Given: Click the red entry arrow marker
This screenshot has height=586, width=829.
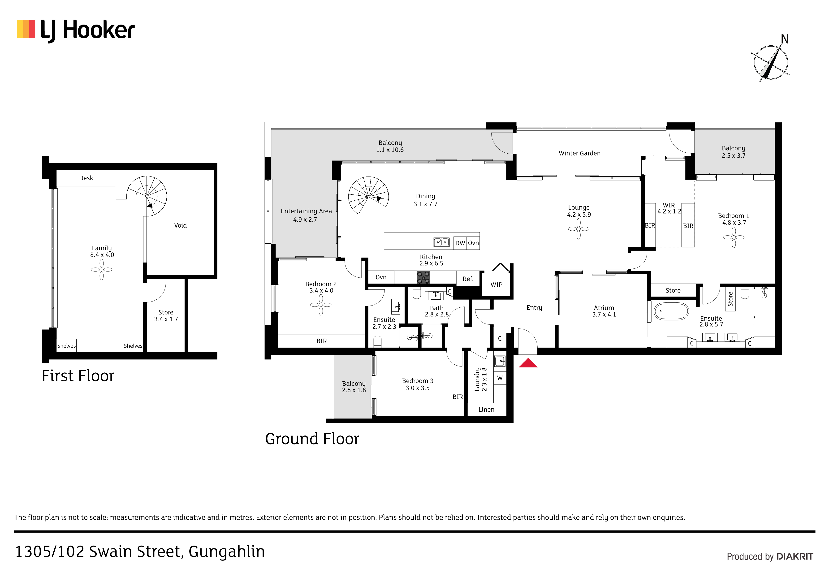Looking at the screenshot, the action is [528, 363].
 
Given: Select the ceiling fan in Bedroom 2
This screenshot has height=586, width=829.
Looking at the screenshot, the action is [321, 305].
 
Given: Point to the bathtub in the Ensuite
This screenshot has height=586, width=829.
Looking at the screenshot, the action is [671, 311].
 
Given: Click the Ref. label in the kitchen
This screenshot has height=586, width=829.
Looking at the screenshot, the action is [468, 279].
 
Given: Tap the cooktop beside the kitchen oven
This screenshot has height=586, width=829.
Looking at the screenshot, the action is [423, 277].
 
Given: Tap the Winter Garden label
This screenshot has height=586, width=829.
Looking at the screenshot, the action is [579, 153].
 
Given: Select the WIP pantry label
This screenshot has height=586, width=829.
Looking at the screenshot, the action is [497, 285].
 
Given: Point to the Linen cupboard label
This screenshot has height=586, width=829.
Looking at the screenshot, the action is [486, 410].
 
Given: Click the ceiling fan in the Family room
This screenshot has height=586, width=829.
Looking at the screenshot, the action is [101, 269].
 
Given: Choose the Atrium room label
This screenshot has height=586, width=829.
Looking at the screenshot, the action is [604, 308].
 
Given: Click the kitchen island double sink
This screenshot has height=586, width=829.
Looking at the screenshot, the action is [441, 242].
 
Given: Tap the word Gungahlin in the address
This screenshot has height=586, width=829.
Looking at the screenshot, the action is [227, 552].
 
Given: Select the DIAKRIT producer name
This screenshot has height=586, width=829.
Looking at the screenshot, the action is [795, 557].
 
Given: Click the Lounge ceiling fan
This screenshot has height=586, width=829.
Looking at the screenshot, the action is [579, 229].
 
